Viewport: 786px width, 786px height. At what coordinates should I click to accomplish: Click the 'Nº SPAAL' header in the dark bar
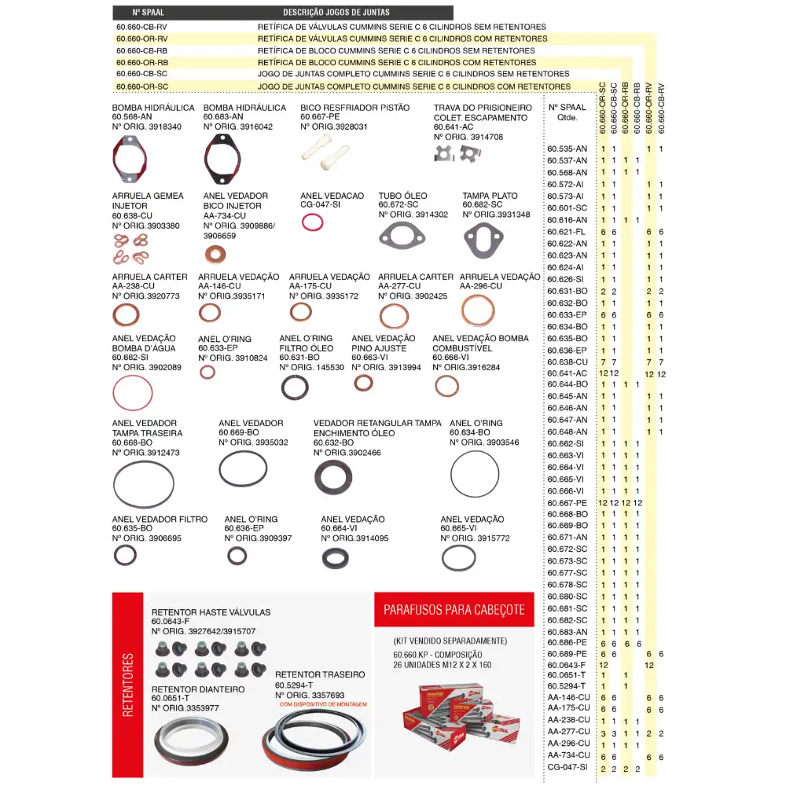point(148,13)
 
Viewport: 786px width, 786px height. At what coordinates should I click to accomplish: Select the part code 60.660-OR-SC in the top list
point(141,86)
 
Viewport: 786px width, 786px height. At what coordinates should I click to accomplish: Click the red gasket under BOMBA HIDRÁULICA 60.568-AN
point(130,158)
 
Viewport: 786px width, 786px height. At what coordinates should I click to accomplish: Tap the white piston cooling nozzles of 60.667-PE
point(325,149)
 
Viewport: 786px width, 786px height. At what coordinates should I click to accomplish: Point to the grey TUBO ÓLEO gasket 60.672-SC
point(402,235)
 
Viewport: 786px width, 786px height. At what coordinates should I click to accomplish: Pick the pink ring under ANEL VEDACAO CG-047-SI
point(313,223)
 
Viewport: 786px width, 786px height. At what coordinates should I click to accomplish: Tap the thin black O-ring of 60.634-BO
point(475,474)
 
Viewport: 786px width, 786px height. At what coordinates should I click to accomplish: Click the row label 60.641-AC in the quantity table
point(567,373)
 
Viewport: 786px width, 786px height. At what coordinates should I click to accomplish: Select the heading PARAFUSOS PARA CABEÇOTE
point(454,610)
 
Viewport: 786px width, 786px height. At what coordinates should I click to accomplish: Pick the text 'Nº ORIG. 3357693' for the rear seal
point(310,695)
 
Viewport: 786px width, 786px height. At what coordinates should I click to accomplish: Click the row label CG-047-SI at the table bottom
point(568,769)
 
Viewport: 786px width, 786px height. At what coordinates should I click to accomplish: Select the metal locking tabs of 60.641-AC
point(457,153)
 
